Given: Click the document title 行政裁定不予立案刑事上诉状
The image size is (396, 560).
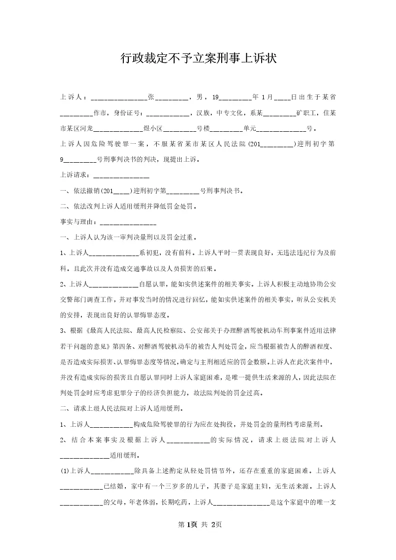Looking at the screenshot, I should (198, 58).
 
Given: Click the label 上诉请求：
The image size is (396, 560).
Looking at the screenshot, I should (75, 175).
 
